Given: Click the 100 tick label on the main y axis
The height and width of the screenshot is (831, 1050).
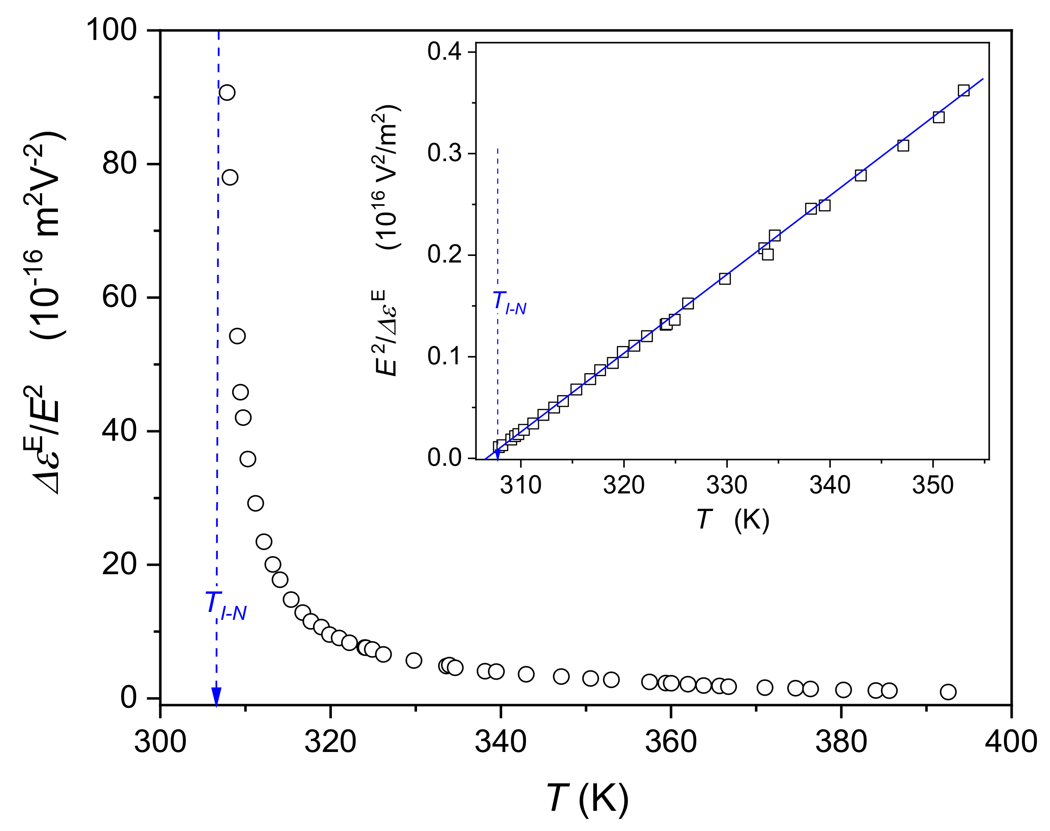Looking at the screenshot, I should coord(111,30).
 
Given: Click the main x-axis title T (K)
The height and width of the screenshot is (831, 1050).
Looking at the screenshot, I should coord(588,799).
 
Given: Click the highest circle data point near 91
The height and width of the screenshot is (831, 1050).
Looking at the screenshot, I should coord(227,93).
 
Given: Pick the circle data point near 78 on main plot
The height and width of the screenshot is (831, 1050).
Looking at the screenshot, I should coord(230,177).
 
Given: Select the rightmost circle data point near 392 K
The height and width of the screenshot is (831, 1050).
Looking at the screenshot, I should coord(948,692).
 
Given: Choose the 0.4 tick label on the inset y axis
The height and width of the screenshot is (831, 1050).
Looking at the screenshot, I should coord(444,51).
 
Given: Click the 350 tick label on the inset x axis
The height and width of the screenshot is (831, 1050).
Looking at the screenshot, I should coord(932,485).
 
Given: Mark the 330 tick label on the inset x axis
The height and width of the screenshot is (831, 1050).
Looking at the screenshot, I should coord(726,485).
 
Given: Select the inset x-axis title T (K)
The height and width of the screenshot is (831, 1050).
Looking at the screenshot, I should coord(733,520).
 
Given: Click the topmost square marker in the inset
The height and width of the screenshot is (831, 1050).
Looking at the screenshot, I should coord(964,90).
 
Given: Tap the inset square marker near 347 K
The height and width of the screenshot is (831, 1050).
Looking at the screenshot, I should coord(903,145).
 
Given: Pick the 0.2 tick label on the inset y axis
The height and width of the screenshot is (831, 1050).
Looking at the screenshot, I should coord(444,255).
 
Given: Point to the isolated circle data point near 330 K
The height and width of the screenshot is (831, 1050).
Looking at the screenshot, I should coord(414,661).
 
